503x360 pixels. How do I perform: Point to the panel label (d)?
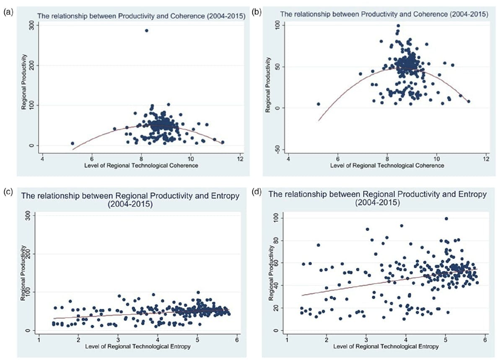pyautogui.click(x=256, y=193)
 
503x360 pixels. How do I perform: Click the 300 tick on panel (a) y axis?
pyautogui.click(x=31, y=26)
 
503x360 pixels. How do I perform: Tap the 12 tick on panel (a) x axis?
pyautogui.click(x=240, y=160)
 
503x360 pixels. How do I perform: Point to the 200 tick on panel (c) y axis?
pyautogui.click(x=28, y=253)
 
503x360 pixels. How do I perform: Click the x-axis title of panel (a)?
pyautogui.click(x=141, y=166)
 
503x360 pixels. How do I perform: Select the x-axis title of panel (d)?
pyautogui.click(x=386, y=347)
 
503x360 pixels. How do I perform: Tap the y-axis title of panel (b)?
pyautogui.click(x=268, y=85)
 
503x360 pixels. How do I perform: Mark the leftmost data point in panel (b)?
pyautogui.click(x=318, y=104)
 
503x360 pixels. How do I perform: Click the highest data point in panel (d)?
pyautogui.click(x=446, y=219)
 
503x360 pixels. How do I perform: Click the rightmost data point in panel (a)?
pyautogui.click(x=223, y=142)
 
